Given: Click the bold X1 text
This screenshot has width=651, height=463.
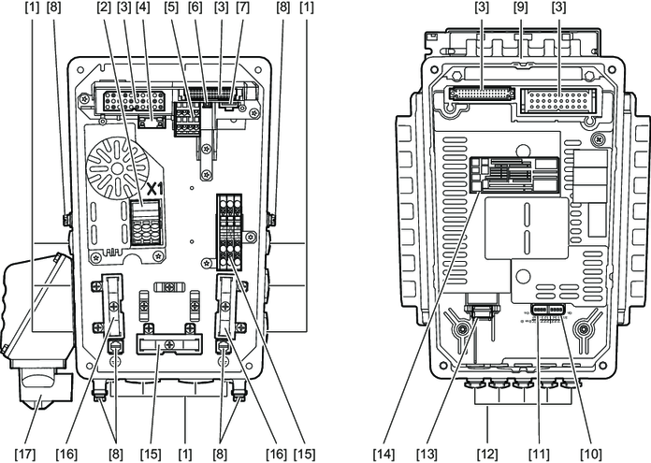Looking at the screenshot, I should [152, 189].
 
